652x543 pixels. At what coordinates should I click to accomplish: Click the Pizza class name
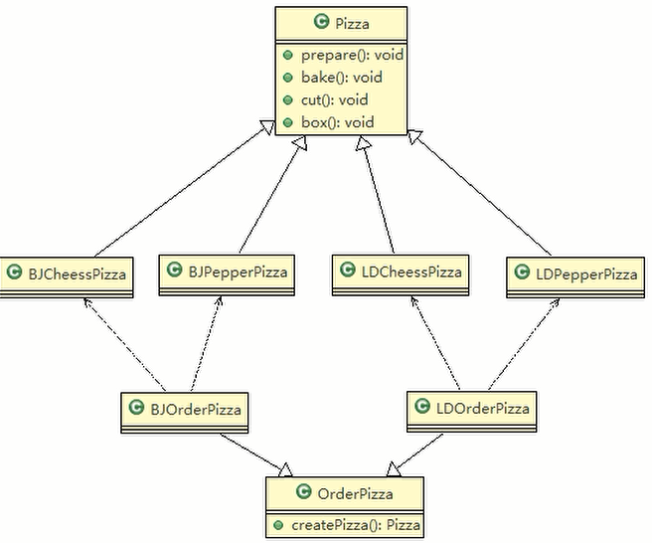[352, 23]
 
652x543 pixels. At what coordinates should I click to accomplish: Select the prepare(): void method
[352, 55]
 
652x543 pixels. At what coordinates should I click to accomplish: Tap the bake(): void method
[341, 78]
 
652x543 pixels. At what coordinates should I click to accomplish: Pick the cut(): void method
[334, 99]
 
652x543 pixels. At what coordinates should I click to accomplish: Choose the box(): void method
[337, 122]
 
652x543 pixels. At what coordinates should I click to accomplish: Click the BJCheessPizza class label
[77, 274]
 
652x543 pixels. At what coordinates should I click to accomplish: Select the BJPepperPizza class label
[238, 272]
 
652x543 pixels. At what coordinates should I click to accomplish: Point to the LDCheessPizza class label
[411, 272]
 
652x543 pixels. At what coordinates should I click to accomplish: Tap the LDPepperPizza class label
[586, 274]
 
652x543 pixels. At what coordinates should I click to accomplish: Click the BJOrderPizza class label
[196, 410]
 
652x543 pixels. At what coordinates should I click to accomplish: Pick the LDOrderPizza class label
[483, 409]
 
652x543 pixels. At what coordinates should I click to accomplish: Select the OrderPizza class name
[355, 494]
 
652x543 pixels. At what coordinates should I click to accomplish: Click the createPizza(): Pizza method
[356, 525]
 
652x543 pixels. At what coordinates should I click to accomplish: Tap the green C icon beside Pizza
[321, 21]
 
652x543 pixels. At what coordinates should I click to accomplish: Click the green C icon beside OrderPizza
[303, 491]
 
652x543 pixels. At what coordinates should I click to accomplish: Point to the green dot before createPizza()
[278, 525]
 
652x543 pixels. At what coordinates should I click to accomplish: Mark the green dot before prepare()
[288, 55]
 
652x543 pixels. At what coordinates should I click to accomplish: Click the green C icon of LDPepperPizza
[522, 272]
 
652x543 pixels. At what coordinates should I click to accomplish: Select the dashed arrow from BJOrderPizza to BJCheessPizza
[125, 344]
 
